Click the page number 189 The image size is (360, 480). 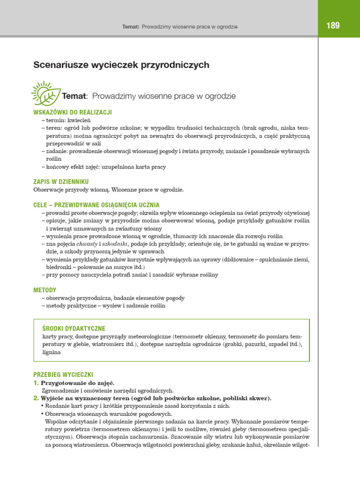[x=333, y=26]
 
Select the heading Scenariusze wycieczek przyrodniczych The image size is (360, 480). [x=121, y=65]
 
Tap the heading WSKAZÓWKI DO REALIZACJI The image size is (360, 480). [x=73, y=112]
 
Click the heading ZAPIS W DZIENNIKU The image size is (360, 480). [x=61, y=181]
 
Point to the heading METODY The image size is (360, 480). [x=45, y=290]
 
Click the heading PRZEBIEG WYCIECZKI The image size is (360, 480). [x=63, y=375]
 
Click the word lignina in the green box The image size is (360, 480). [x=52, y=352]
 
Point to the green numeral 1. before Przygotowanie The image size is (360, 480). [x=36, y=383]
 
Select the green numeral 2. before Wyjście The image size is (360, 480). [x=36, y=398]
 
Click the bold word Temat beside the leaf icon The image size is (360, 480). [x=75, y=96]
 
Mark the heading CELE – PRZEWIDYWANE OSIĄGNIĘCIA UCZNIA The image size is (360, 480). [x=97, y=205]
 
